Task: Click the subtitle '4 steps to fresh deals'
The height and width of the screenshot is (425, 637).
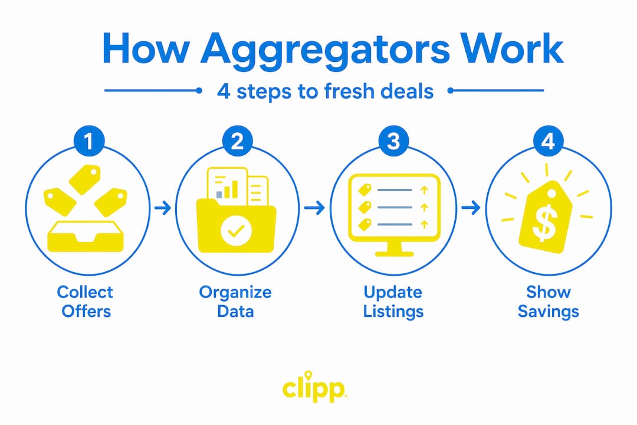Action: (x=325, y=91)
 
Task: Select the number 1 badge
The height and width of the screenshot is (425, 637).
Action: (x=89, y=141)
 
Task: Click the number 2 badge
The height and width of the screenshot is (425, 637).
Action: (x=237, y=141)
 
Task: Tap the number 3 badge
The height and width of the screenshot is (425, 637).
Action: (x=393, y=141)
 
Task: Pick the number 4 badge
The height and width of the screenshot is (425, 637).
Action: (x=548, y=141)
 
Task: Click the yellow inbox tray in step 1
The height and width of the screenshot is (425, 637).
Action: (x=86, y=237)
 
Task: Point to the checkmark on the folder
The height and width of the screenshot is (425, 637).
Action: (x=236, y=231)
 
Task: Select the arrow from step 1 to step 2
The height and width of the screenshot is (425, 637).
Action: (x=163, y=208)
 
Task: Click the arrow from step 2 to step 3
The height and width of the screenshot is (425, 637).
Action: (x=314, y=208)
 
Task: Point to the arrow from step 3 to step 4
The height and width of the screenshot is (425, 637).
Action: (x=471, y=208)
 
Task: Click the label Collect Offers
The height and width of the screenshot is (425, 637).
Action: (x=86, y=302)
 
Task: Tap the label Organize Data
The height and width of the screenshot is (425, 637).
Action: (x=235, y=302)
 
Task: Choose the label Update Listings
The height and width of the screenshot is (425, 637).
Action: (x=393, y=302)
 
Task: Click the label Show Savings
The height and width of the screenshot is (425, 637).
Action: (x=548, y=302)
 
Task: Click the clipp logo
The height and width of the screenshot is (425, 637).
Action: (x=314, y=387)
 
